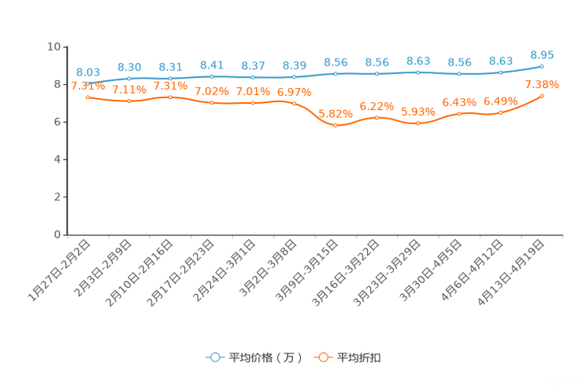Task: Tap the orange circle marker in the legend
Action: (322, 357)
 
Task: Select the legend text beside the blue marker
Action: (266, 358)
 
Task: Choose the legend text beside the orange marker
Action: (359, 358)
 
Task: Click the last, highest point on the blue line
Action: (542, 67)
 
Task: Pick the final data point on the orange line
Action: (542, 95)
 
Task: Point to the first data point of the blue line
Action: (87, 82)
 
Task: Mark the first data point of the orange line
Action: (87, 97)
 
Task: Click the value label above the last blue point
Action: (542, 54)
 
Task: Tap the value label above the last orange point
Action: (542, 83)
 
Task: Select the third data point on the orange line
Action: (170, 97)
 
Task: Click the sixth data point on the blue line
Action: (294, 76)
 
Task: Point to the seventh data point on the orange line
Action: (336, 125)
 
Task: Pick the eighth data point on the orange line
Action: (376, 118)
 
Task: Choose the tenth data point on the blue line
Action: (459, 74)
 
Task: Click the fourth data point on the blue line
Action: (211, 76)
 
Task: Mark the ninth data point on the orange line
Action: (417, 123)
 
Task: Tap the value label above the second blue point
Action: (129, 67)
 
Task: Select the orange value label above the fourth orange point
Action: (211, 90)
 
